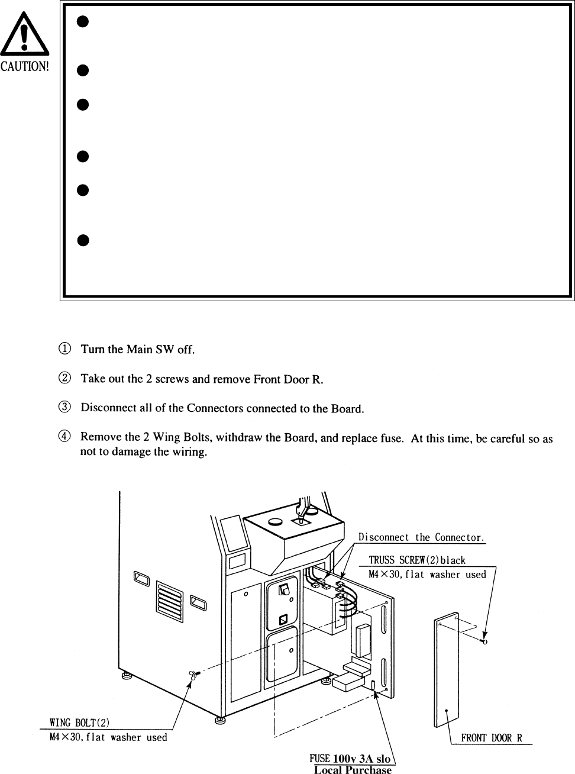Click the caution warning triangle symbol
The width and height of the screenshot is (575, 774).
(x=23, y=36)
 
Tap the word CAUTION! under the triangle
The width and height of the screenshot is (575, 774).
(x=24, y=65)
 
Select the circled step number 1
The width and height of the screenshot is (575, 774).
(x=66, y=349)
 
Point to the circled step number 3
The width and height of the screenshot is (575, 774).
(x=66, y=408)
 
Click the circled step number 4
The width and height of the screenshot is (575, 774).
(x=66, y=437)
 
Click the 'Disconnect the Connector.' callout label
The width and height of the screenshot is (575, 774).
(x=421, y=537)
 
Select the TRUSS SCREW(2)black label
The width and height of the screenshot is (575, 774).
(x=417, y=560)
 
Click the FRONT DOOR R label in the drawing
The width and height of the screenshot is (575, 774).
(x=492, y=738)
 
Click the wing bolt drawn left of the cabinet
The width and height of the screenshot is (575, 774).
(x=194, y=674)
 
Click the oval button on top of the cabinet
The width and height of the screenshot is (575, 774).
(x=276, y=523)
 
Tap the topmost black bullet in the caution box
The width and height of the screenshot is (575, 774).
(x=83, y=22)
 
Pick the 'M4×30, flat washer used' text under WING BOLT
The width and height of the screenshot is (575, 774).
(x=108, y=737)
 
